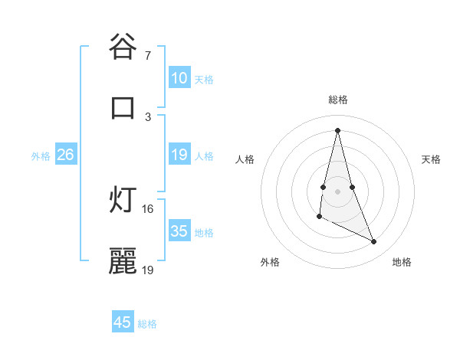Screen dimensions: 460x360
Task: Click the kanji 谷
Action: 123,47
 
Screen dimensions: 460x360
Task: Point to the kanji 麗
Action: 123,260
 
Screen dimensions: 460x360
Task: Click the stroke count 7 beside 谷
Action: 148,56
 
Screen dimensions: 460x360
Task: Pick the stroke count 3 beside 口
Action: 148,116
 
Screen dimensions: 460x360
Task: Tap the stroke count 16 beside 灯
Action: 148,208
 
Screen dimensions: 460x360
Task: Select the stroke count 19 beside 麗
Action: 148,270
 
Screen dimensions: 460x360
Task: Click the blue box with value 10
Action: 179,78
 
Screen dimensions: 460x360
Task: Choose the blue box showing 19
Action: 179,155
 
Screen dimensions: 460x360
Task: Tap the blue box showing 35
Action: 179,231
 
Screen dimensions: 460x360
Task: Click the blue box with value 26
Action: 65,155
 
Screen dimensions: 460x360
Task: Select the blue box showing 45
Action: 123,322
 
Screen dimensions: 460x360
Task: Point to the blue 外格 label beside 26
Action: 41,156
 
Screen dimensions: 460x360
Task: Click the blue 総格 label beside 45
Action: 147,324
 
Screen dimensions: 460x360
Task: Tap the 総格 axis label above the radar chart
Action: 338,100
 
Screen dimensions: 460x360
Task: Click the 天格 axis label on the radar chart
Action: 432,159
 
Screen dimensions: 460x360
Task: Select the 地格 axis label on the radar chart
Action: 402,262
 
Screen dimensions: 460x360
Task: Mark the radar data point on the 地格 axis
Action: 374,242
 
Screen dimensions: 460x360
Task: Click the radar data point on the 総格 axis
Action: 338,129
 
